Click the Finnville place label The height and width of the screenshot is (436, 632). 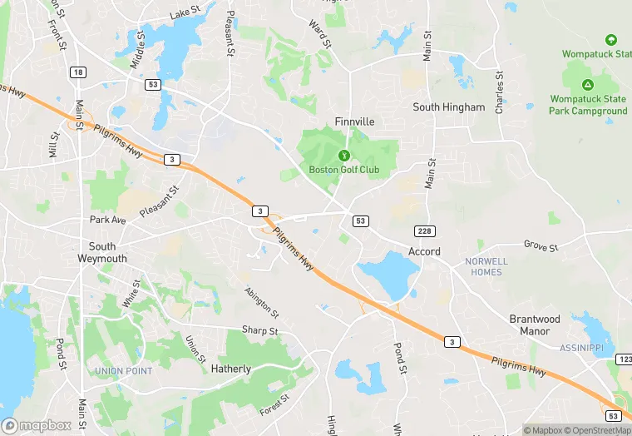tap(354, 121)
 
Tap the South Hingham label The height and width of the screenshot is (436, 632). tap(449, 107)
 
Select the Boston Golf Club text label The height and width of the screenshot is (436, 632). tap(343, 171)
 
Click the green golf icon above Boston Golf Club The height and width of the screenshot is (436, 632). tap(343, 155)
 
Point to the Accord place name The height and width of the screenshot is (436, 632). tap(424, 251)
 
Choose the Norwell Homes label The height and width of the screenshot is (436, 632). tap(486, 266)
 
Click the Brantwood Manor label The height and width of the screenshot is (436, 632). tap(535, 325)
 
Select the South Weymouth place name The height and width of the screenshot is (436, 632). tap(102, 252)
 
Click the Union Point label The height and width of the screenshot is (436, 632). tap(123, 370)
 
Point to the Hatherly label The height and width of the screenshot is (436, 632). tap(230, 369)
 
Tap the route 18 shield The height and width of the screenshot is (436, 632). tap(78, 72)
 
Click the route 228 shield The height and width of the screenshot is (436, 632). tap(422, 229)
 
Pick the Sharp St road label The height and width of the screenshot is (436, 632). tap(260, 331)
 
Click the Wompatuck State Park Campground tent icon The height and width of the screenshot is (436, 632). tap(588, 85)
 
